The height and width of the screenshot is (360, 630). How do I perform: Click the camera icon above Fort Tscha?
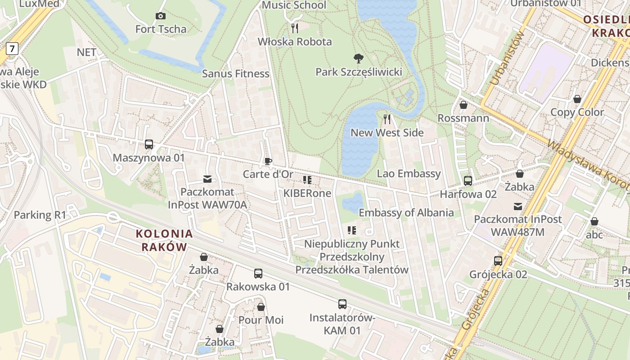coord(160,16)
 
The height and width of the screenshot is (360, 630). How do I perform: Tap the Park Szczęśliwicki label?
coord(359,72)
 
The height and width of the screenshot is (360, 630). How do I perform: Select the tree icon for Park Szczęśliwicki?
coord(359,58)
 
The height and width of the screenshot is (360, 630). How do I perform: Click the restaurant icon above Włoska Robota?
coord(295,28)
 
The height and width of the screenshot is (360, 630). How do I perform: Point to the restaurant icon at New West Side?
coord(387,119)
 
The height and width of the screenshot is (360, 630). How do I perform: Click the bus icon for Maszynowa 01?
coord(149,144)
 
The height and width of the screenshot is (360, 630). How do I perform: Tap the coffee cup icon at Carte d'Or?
coord(268,161)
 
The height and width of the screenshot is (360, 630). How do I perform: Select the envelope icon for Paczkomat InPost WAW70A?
coord(207,179)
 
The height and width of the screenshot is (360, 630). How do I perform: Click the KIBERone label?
coord(307,193)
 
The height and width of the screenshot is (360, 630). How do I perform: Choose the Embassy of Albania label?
coord(406,213)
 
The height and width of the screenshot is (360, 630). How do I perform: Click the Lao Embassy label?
coord(409,174)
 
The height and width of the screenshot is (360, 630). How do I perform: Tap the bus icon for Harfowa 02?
coord(468,181)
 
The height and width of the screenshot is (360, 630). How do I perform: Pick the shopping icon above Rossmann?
coord(463,105)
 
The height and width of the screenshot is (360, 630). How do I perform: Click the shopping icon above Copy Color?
coord(577,99)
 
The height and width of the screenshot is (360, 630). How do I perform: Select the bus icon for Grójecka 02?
coord(498,261)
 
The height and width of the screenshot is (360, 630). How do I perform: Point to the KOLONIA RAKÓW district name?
coord(164,240)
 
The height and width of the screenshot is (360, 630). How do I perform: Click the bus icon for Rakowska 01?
coord(258,274)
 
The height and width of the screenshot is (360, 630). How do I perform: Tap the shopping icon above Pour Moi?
coord(261,307)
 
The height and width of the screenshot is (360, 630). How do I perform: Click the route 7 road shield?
coord(12,48)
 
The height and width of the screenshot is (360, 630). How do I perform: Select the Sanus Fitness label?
coord(235,74)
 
